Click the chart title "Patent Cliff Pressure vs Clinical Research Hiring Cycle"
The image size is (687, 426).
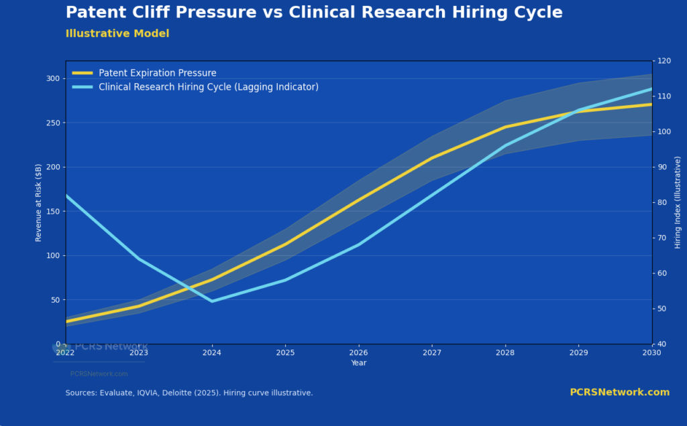pyautogui.click(x=314, y=13)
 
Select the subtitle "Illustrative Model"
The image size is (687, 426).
pyautogui.click(x=117, y=33)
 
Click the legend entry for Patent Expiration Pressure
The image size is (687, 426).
pyautogui.click(x=157, y=73)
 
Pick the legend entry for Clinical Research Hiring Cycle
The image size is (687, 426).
pyautogui.click(x=208, y=87)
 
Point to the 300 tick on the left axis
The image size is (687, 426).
pyautogui.click(x=52, y=78)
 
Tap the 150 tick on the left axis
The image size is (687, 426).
pyautogui.click(x=52, y=211)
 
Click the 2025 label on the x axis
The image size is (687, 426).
pyautogui.click(x=285, y=352)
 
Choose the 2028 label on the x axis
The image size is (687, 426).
pyautogui.click(x=505, y=352)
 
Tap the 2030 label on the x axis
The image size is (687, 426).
pyautogui.click(x=651, y=352)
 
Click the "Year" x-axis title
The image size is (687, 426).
pyautogui.click(x=358, y=363)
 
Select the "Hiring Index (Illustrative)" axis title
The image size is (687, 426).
pyautogui.click(x=678, y=202)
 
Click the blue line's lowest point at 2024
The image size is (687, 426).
pyautogui.click(x=212, y=301)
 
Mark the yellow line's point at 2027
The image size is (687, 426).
pyautogui.click(x=431, y=158)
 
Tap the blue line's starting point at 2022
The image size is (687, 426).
pyautogui.click(x=66, y=196)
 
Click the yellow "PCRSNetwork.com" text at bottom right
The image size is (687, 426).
pyautogui.click(x=619, y=393)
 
